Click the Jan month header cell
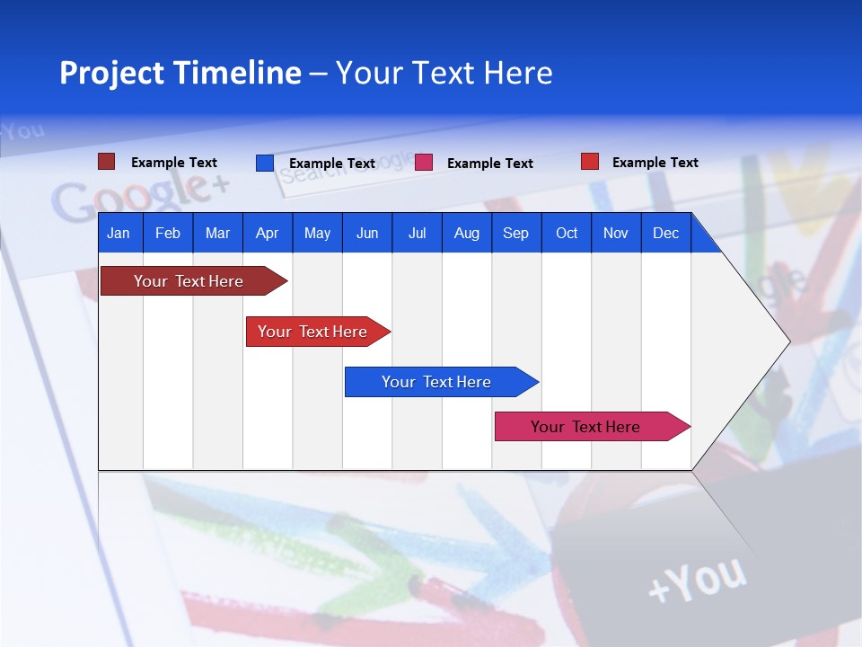(x=119, y=233)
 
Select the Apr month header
(x=267, y=233)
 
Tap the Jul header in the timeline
(x=417, y=233)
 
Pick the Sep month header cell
(x=515, y=233)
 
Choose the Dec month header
(x=665, y=233)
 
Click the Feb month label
(x=168, y=233)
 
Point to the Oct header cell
(x=567, y=233)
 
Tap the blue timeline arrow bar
(x=437, y=382)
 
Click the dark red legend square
(x=106, y=162)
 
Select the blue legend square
(x=264, y=163)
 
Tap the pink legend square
(x=424, y=163)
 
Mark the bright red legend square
(x=589, y=162)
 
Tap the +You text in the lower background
(x=696, y=579)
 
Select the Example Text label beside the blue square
(x=331, y=164)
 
